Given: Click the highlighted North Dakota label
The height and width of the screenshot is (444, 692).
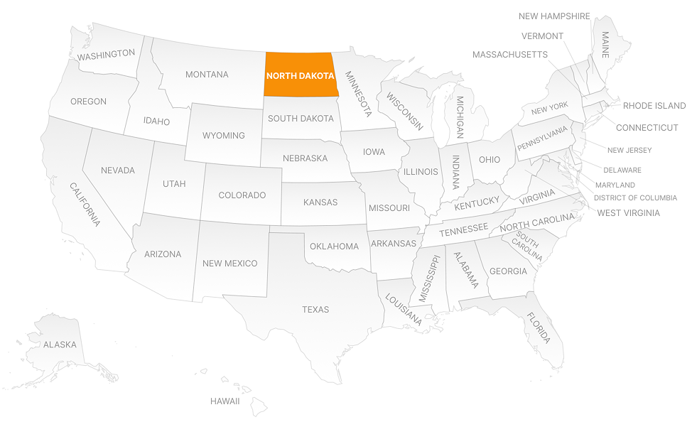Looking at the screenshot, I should (300, 75).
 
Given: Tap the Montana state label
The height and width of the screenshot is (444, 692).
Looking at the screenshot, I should (207, 75).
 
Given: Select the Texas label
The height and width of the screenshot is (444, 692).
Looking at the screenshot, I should (315, 310).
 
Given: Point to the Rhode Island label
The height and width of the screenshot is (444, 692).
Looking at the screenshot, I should (654, 106).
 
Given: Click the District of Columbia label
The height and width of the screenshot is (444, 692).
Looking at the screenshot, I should (635, 198).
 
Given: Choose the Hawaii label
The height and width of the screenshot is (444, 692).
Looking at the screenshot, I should (225, 401).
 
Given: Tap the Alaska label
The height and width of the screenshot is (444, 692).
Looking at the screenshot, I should (60, 345).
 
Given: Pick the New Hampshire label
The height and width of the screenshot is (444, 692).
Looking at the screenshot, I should (554, 16).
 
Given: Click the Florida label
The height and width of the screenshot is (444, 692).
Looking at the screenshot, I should (538, 328).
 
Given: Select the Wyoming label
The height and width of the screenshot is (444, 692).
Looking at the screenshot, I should (223, 136).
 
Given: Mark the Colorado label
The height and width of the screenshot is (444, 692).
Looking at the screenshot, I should (242, 195).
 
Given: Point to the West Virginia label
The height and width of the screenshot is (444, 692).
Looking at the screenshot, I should (628, 213).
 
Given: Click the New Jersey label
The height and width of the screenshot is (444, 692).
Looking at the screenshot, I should (629, 151).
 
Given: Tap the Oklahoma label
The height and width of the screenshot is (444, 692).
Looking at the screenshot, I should (334, 247).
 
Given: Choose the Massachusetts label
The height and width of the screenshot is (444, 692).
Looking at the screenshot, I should (509, 55).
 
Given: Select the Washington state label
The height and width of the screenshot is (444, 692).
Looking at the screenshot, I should (106, 54).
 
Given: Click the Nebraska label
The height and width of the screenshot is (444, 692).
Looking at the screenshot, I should (305, 158).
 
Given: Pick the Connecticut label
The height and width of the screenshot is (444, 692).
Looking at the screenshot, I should (647, 128).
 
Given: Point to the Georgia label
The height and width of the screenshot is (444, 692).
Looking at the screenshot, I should (508, 271).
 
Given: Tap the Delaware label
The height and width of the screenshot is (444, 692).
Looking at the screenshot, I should (622, 170).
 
